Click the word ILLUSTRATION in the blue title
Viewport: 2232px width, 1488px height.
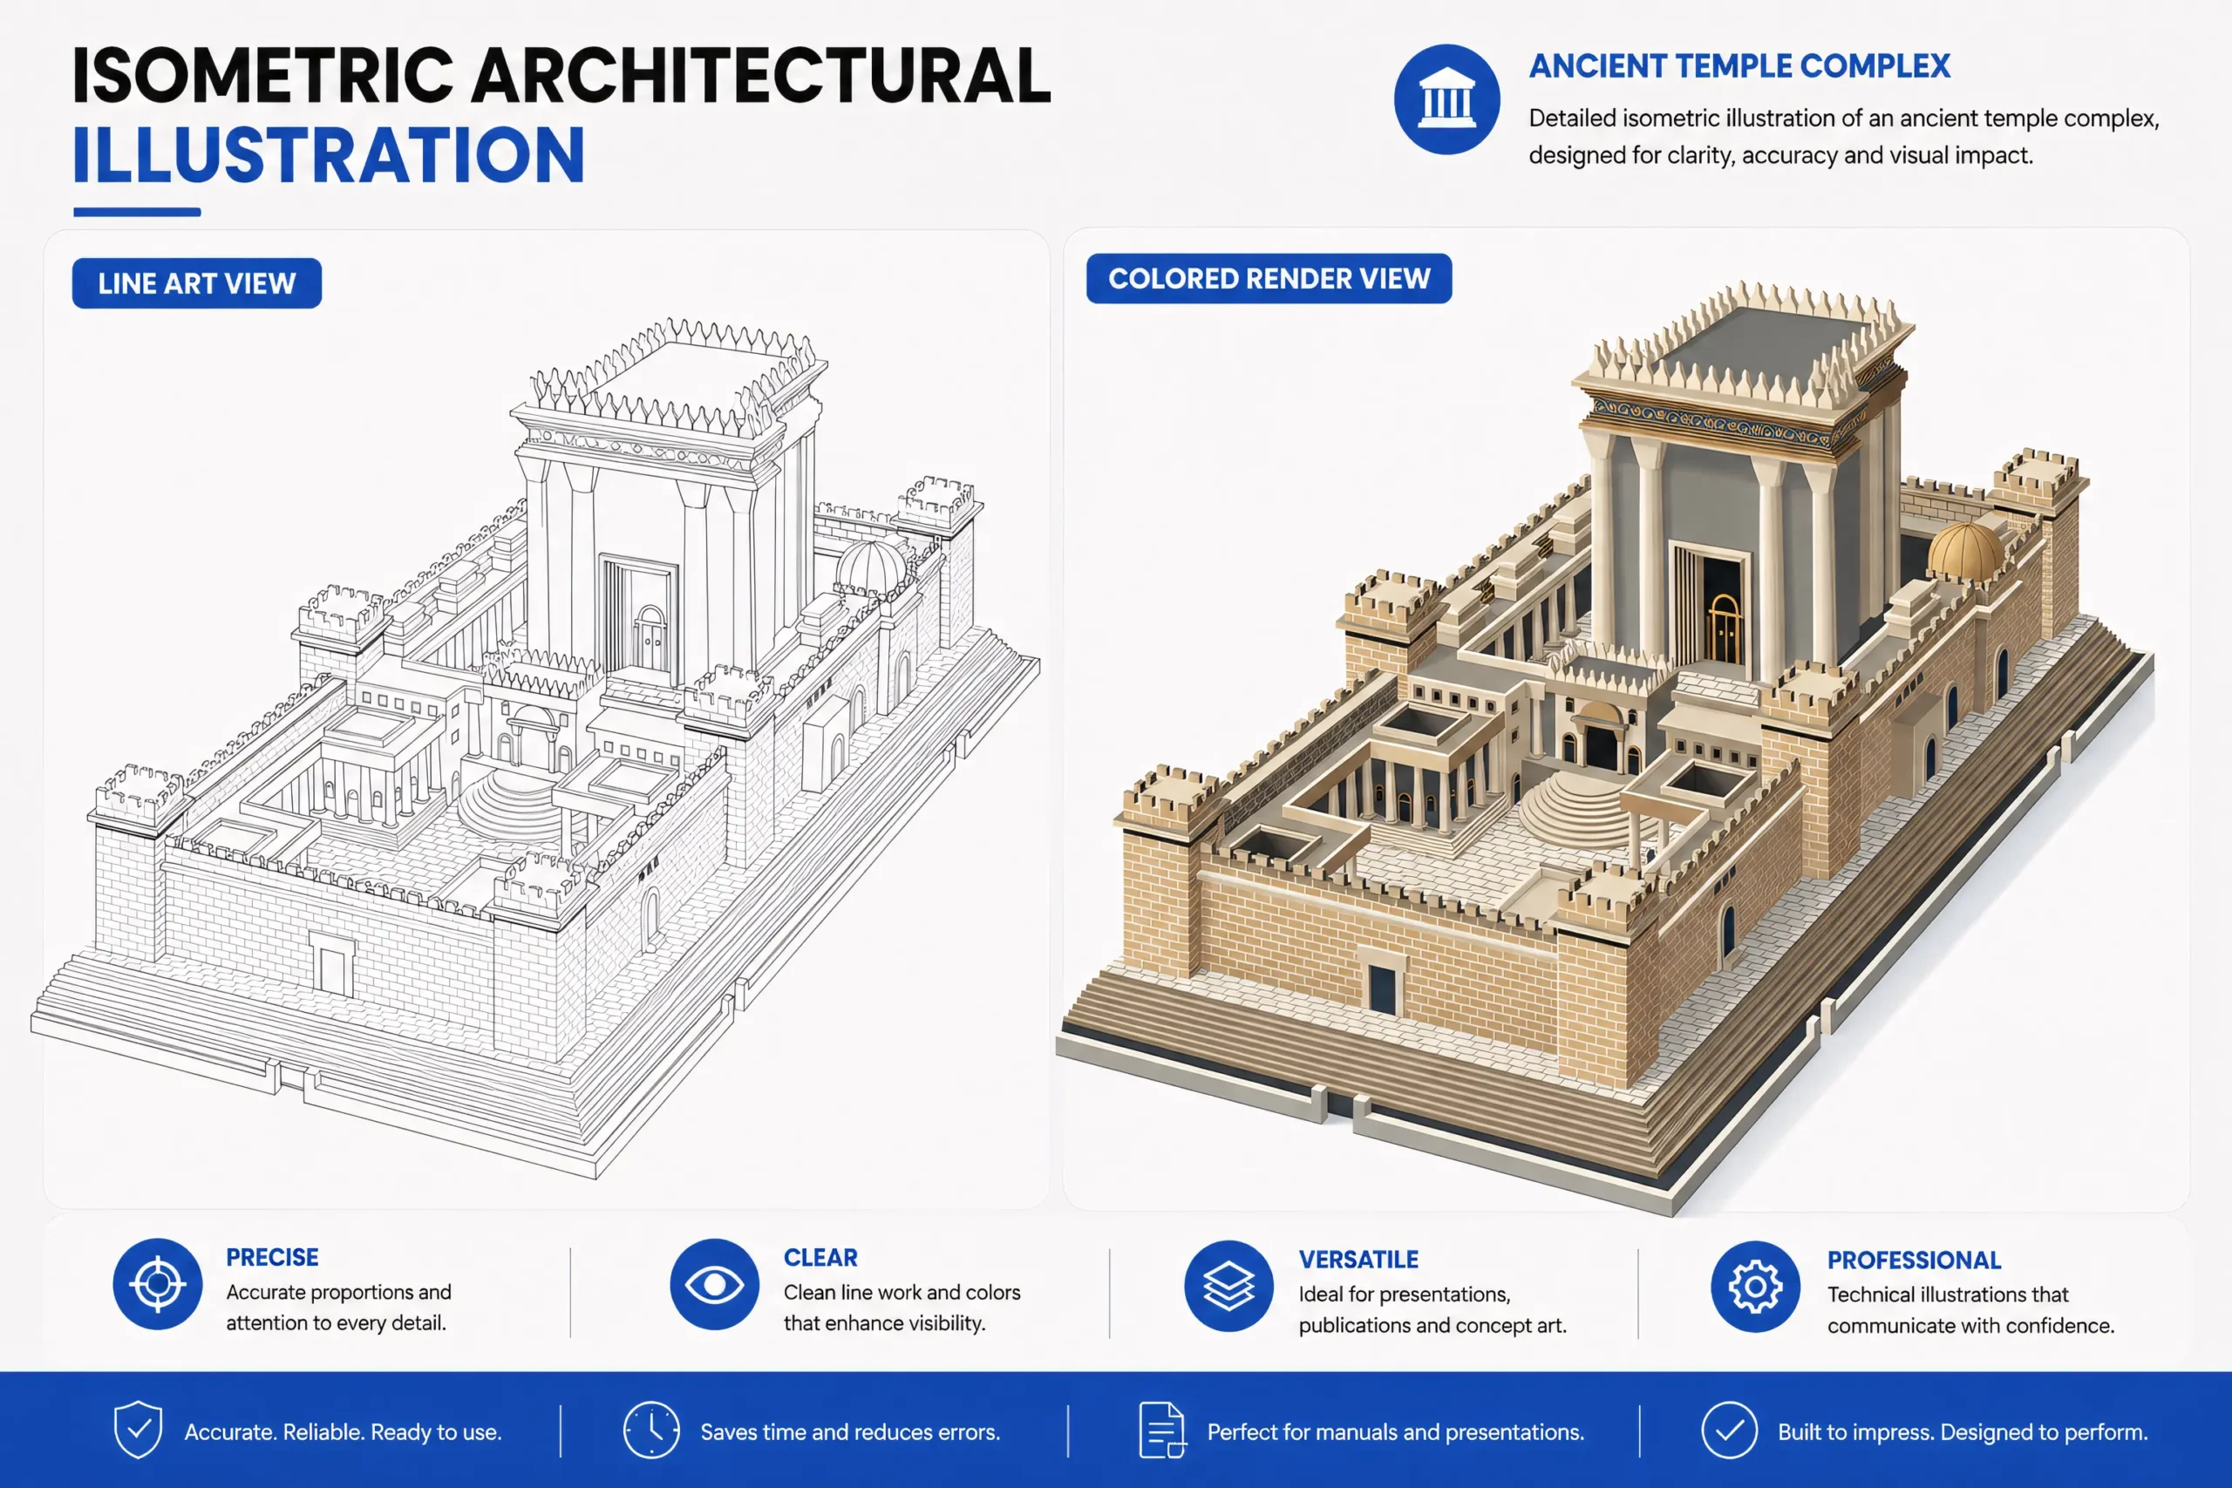(329, 156)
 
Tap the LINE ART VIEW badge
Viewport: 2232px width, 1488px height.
(196, 282)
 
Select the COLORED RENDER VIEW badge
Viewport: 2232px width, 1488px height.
(1269, 278)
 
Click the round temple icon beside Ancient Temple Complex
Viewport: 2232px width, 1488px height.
(1446, 99)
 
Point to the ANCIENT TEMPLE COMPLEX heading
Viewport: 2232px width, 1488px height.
(1739, 66)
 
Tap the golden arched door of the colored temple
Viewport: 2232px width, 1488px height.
(1724, 627)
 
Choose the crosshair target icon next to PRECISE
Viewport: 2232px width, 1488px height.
(158, 1284)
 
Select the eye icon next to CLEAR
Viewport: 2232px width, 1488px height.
(715, 1284)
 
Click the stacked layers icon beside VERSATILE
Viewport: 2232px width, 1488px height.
(1229, 1286)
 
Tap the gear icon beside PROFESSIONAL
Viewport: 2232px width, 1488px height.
(1756, 1287)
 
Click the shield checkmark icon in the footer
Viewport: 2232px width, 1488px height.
(139, 1430)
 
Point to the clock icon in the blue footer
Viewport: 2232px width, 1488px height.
(651, 1430)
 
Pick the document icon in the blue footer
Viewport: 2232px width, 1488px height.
(1161, 1430)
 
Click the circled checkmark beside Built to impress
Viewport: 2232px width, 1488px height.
(1729, 1430)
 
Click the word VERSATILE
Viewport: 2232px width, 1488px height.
(1358, 1260)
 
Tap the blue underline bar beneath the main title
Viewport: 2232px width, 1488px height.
(137, 212)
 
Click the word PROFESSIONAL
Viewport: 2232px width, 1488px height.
(1914, 1260)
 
